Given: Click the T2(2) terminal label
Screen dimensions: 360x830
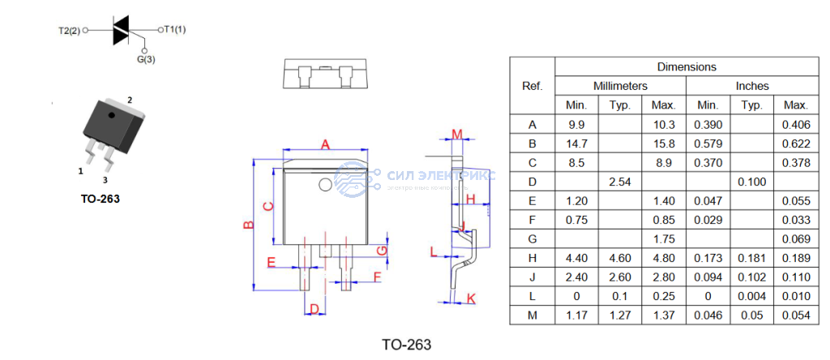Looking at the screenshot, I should [70, 31].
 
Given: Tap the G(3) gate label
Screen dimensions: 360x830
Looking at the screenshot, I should [146, 59].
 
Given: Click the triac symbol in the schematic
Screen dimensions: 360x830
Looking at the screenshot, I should [121, 31].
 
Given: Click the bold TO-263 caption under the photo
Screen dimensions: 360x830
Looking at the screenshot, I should [100, 199].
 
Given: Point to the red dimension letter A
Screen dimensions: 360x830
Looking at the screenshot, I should [324, 144].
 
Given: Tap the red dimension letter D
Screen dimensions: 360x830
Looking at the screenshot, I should [313, 309].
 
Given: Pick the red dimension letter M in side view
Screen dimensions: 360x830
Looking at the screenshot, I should [456, 134].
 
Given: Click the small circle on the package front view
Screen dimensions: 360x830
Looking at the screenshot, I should [325, 184].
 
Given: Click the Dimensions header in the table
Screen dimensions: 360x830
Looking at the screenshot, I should [686, 67].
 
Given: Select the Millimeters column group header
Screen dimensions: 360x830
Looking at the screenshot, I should [620, 86].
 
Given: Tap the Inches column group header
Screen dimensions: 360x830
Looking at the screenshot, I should [752, 86].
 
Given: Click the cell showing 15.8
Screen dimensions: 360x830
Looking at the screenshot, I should [664, 144].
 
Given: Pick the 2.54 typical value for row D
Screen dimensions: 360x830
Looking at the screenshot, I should [620, 182].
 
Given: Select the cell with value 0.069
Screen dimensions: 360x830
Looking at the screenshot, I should [796, 239].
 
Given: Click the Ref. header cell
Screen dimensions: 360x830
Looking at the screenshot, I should [532, 86].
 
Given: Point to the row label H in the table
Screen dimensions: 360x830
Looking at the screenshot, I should [532, 258].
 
